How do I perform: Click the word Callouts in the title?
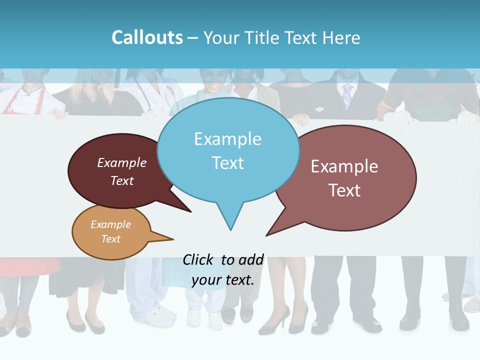pos(147,37)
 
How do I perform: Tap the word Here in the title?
pos(341,37)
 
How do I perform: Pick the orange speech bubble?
pos(111,231)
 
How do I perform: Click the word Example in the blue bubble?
pos(227,139)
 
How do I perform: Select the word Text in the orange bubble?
pos(111,239)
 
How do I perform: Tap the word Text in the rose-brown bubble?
pos(344,190)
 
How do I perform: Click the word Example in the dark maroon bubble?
pos(122,163)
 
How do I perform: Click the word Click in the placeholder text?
pos(198,259)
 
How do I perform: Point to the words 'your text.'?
pos(223,280)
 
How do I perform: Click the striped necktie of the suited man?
pos(347,95)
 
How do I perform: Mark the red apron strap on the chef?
pos(15,97)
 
